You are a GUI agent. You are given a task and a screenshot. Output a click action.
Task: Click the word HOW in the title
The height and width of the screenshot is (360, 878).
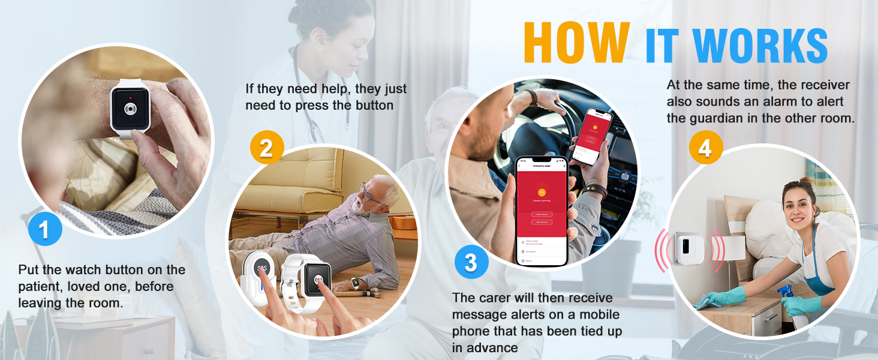click(x=576, y=43)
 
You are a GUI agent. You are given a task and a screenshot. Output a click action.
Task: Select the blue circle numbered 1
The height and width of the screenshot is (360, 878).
click(x=44, y=229)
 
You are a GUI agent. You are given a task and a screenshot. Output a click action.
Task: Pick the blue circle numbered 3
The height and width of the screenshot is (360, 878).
click(x=471, y=262)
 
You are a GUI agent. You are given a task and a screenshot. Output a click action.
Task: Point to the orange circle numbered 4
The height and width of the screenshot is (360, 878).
click(x=705, y=148)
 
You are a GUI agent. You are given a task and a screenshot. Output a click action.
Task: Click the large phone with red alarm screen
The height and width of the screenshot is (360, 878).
click(x=542, y=210)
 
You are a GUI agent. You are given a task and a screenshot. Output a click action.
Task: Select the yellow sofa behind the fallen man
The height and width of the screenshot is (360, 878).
click(x=288, y=180)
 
